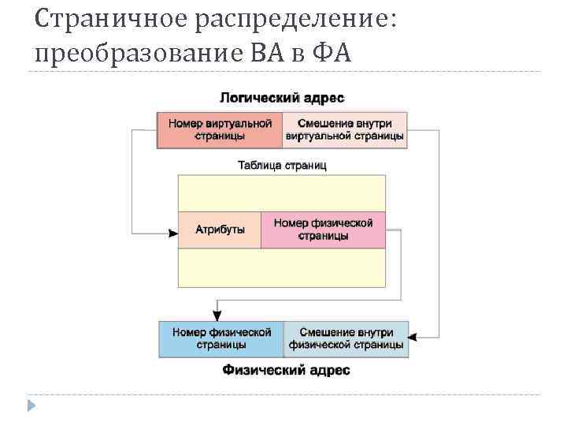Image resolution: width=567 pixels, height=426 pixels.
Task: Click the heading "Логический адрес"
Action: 282,98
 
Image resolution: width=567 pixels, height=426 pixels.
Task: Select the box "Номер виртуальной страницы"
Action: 220,130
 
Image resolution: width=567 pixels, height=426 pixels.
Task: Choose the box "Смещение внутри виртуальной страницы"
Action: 345,130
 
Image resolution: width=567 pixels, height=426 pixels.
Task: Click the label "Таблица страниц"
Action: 282,166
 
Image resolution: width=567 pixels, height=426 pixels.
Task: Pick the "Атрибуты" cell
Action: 220,230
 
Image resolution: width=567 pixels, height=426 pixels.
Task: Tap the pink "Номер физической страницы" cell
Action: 324,230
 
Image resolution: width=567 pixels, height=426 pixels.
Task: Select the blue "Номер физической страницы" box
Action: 220,339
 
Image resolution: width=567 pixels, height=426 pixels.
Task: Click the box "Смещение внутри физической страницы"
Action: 346,339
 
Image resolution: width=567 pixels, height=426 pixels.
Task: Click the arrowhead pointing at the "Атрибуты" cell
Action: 173,233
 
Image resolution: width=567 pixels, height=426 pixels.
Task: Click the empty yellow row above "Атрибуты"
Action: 282,193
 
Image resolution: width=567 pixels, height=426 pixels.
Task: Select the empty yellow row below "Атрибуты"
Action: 282,267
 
